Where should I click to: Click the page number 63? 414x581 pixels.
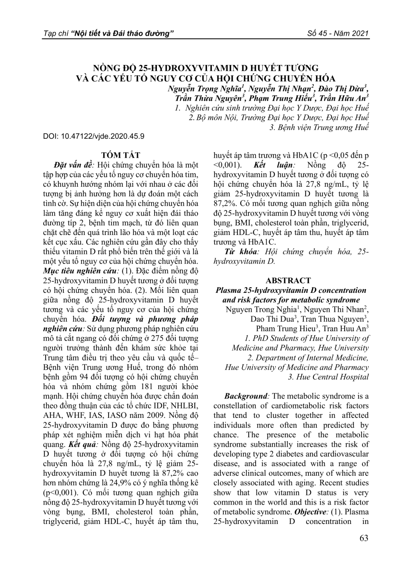coord(363,538)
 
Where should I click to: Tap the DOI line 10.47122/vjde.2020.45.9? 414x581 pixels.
coord(94,136)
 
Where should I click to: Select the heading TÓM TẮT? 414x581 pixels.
coord(121,155)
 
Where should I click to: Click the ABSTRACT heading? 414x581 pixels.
coord(288,280)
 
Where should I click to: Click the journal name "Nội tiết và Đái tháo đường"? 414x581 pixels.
coord(123,34)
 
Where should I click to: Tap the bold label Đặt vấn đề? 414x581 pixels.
coord(74,165)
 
